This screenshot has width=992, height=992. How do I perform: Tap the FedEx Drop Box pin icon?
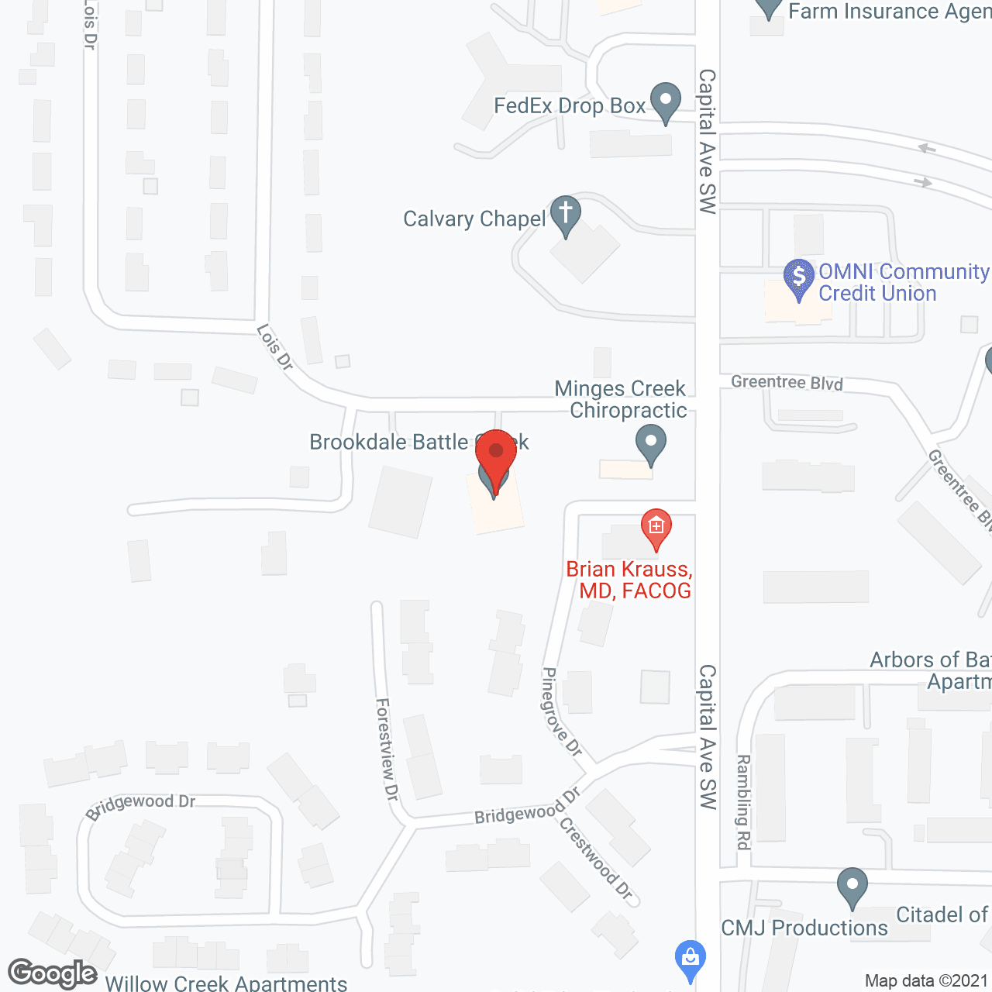(665, 101)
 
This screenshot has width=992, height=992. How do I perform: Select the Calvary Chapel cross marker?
(566, 213)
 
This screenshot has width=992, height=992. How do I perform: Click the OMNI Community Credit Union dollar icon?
(799, 277)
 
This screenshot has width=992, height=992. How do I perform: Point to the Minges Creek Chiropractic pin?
(651, 444)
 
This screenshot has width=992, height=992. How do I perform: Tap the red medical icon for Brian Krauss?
(656, 528)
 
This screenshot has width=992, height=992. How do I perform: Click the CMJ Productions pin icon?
(852, 885)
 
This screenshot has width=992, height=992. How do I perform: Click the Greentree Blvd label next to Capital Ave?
(787, 382)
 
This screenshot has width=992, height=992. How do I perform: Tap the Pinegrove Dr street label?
(560, 711)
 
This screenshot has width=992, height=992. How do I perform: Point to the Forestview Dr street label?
(386, 749)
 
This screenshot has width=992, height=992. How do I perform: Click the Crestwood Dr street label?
(596, 858)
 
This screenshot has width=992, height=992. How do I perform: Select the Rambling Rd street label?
(743, 801)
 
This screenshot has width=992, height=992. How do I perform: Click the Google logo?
(52, 973)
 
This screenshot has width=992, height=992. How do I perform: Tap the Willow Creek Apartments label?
(226, 983)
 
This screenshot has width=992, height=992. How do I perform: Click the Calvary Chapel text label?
(474, 219)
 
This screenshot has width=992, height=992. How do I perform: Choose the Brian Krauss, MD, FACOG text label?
(629, 580)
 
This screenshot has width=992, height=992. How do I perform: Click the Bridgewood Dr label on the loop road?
(140, 805)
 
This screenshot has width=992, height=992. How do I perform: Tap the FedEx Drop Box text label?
(570, 106)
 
